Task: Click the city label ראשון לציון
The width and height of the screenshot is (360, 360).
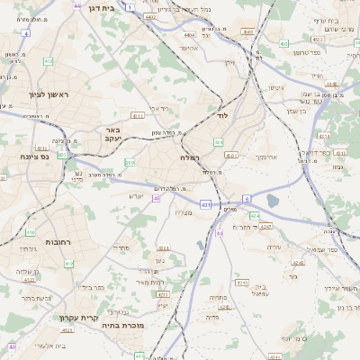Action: coord(37,94)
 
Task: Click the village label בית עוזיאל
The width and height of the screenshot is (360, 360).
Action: coord(259,287)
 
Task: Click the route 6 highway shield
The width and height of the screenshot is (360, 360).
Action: coord(246,198)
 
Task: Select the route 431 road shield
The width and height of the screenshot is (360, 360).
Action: coord(206,205)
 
